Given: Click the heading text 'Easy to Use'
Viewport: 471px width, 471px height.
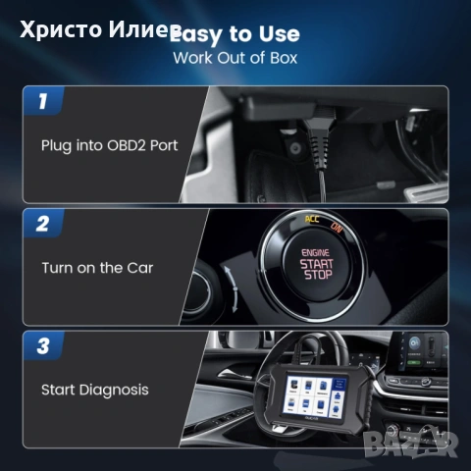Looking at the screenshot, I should tap(235, 34).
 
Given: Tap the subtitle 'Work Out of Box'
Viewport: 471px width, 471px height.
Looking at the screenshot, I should tap(235, 57).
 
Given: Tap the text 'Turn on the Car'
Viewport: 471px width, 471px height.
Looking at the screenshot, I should tap(96, 266).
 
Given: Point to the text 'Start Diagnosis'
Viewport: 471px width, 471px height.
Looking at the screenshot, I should tap(95, 390).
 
